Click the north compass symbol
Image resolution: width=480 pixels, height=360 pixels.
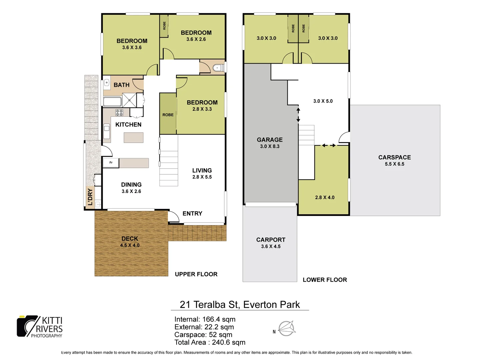[286, 329]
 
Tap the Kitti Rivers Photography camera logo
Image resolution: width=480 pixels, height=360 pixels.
[28, 326]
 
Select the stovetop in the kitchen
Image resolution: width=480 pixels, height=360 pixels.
[119, 112]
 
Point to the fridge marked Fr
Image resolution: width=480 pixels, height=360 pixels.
[111, 163]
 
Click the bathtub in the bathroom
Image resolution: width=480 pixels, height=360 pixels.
[112, 102]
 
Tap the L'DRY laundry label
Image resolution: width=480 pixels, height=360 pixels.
[90, 197]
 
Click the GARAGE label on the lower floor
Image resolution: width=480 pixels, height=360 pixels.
[270, 140]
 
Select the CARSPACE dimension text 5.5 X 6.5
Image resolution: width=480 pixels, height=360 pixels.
[394, 164]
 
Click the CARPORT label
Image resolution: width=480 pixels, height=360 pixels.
[271, 240]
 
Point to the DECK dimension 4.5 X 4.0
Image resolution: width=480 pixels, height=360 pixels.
[130, 245]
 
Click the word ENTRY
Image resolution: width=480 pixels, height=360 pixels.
[192, 213]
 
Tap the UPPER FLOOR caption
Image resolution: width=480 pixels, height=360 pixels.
[196, 274]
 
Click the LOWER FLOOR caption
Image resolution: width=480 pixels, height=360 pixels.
[325, 280]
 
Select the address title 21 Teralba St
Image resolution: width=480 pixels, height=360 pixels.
[240, 304]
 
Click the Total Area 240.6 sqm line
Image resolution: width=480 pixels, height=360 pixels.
[210, 342]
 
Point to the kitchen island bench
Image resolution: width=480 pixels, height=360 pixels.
[134, 137]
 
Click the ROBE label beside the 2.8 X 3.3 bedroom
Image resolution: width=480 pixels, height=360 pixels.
[168, 115]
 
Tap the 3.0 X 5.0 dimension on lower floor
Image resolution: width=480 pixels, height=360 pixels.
[323, 101]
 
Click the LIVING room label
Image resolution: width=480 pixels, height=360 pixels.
[202, 170]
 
